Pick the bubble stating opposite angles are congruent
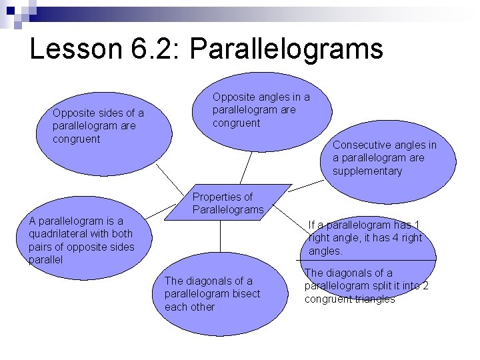(x=261, y=110)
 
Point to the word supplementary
(x=367, y=171)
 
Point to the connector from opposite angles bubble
(x=245, y=167)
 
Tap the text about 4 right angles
(x=365, y=238)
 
